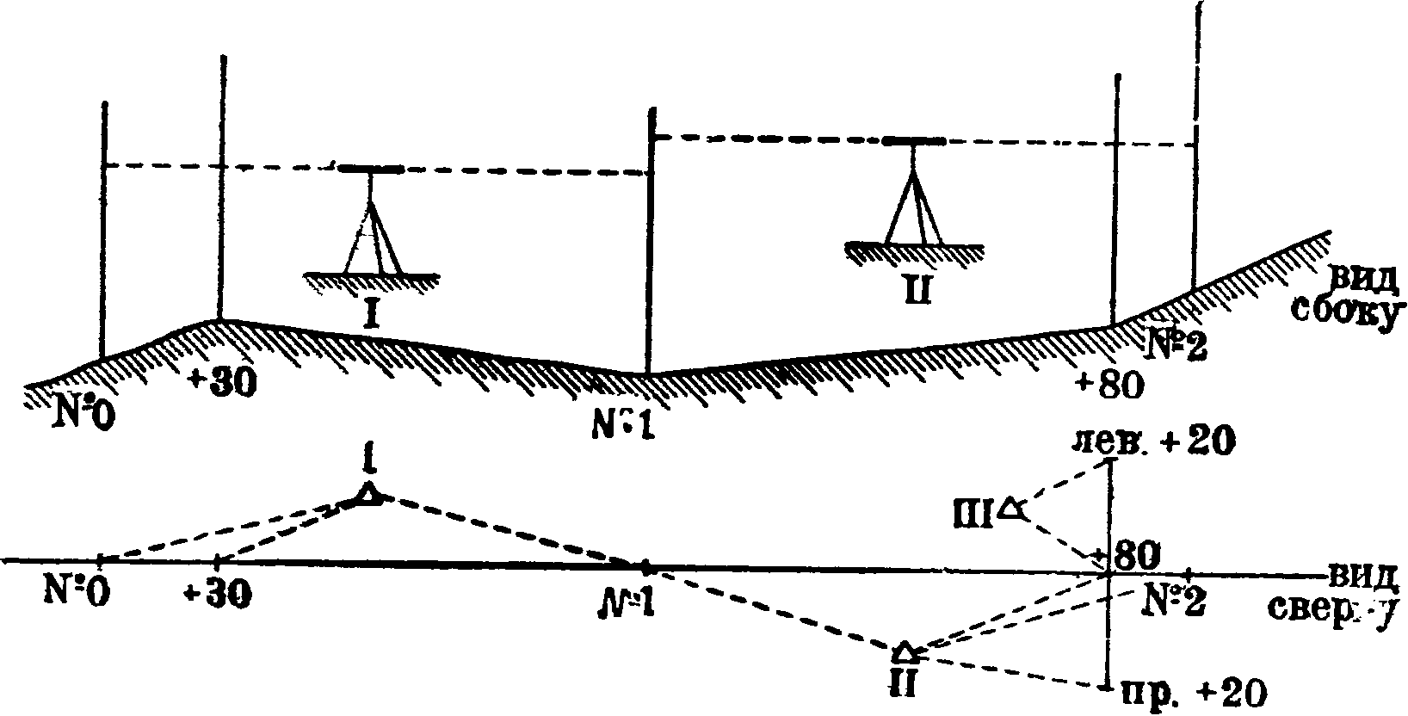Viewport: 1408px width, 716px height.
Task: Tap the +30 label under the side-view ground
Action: pyautogui.click(x=222, y=384)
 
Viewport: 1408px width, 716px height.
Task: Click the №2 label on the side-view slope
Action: pyautogui.click(x=1177, y=346)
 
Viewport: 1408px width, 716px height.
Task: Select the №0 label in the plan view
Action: pyautogui.click(x=76, y=594)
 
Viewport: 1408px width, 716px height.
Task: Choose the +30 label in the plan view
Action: pyautogui.click(x=217, y=596)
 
